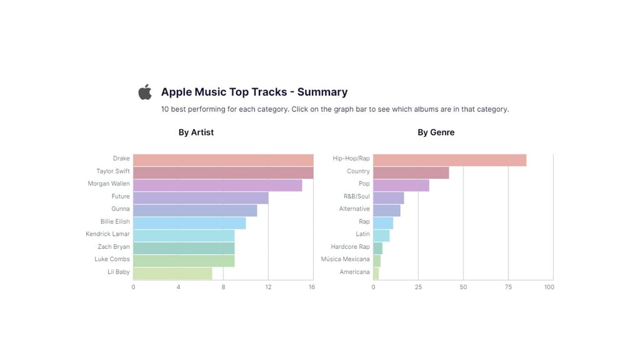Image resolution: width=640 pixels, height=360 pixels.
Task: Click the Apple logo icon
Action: point(145,92)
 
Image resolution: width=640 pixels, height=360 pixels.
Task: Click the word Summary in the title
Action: point(322,92)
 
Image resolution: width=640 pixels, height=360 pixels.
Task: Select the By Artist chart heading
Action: point(196,132)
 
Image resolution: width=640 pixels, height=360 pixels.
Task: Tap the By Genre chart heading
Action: point(436,132)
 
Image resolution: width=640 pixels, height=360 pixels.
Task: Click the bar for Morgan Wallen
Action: point(217,185)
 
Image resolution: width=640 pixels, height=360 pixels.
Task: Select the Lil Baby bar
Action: point(172,273)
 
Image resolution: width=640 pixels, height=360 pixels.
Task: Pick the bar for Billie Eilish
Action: point(189,223)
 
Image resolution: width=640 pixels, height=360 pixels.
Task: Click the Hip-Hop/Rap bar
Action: point(450,160)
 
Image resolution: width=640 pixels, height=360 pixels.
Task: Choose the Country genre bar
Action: point(411,172)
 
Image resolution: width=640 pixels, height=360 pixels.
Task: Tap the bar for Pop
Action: point(401,185)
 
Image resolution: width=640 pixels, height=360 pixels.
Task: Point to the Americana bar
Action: point(376,273)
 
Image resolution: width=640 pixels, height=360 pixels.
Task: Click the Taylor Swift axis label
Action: point(113,171)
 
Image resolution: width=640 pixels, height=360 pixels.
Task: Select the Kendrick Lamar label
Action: point(108,234)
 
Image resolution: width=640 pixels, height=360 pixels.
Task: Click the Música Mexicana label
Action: point(346,259)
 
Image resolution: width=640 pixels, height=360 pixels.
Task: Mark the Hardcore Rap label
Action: point(351,246)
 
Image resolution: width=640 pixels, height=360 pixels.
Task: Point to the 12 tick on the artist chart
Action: point(268,287)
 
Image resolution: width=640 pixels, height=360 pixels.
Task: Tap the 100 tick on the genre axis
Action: point(549,287)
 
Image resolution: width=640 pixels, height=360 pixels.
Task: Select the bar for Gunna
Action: point(195,211)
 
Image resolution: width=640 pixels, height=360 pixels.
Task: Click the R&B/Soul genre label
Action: point(357,196)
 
